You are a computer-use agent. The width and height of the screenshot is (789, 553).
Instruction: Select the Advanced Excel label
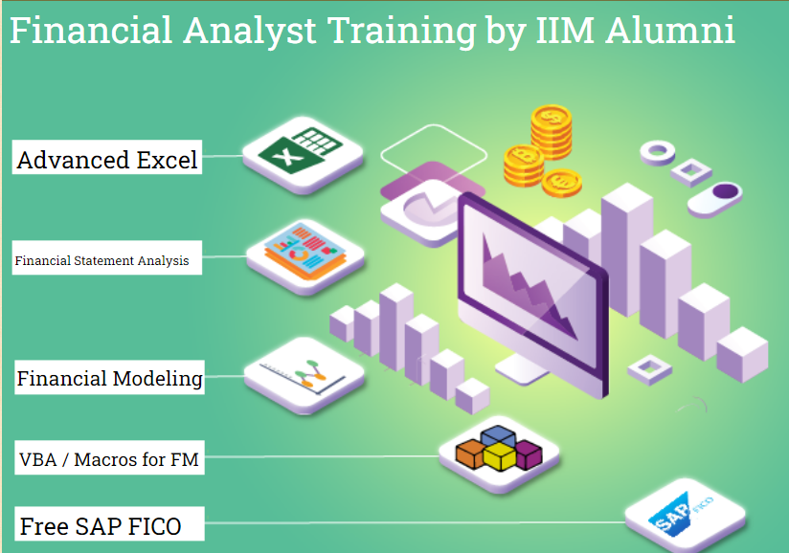107,158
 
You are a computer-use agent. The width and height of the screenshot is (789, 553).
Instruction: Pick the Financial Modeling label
109,378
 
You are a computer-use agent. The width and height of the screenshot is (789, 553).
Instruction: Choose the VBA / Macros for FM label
109,459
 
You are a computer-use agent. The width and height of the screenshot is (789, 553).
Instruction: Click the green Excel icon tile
303,150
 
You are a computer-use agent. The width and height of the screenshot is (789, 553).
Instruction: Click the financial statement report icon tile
304,254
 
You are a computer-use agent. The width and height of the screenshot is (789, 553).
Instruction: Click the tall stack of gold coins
552,131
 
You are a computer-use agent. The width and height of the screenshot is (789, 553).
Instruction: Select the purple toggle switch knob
726,191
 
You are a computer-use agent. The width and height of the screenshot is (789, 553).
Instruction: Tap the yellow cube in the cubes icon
498,457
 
